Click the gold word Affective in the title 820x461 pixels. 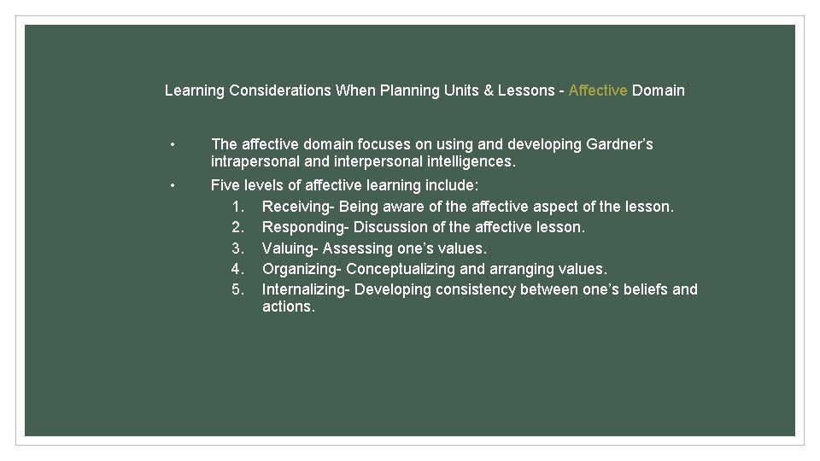click(x=598, y=90)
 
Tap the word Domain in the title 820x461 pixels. click(x=659, y=90)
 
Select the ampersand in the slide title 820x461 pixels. click(x=489, y=90)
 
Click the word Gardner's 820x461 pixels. click(x=620, y=144)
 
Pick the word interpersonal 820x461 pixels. click(x=373, y=161)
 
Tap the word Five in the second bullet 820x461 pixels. click(x=225, y=185)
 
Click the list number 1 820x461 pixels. click(x=238, y=207)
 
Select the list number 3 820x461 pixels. click(x=238, y=248)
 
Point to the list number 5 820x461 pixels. click(x=238, y=289)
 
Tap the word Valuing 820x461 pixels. click(x=288, y=248)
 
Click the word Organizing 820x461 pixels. click(x=299, y=269)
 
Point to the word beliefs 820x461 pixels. click(x=641, y=289)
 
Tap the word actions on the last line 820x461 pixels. click(x=287, y=306)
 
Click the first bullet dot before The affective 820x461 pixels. click(x=173, y=144)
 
